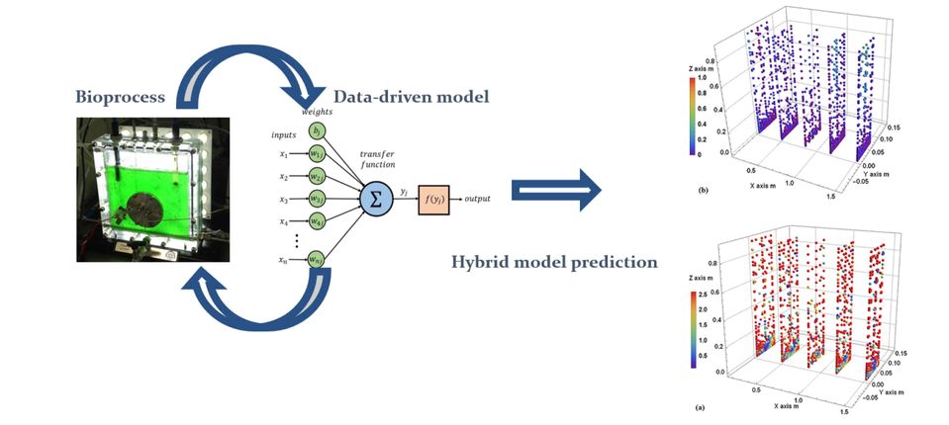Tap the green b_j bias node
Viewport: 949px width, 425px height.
[x=316, y=132]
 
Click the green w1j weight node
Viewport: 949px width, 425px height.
[x=316, y=154]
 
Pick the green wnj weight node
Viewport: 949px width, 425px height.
[x=316, y=260]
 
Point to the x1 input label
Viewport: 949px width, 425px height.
[x=284, y=154]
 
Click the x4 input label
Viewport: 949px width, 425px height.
[x=284, y=221]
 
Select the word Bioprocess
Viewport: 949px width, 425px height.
[x=124, y=97]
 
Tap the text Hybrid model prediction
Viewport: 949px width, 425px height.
[x=539, y=263]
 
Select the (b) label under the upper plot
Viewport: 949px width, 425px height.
[x=702, y=188]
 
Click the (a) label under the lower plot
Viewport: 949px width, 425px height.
[x=702, y=406]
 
